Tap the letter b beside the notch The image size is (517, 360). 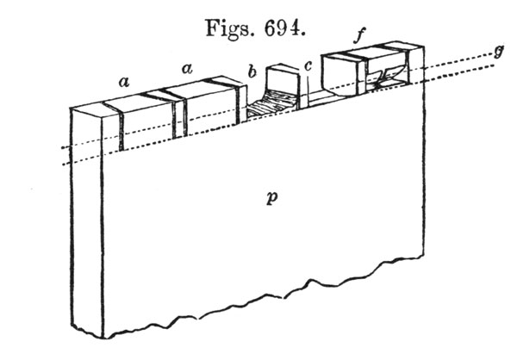point(252,73)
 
